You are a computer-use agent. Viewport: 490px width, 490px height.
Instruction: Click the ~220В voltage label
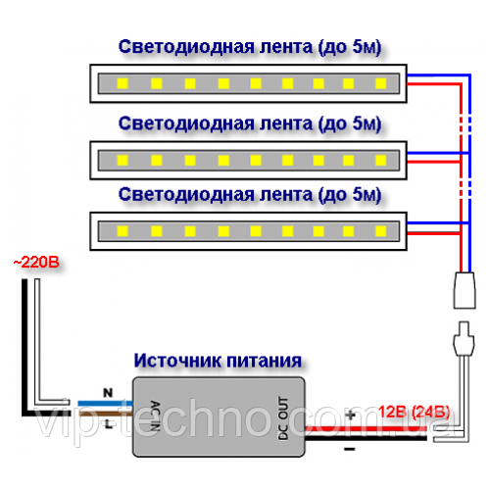point(36,263)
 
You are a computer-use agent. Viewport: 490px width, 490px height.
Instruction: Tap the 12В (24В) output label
point(415,412)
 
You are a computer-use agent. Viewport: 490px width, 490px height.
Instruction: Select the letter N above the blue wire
point(108,393)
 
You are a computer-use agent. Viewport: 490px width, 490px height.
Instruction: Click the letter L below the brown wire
point(108,424)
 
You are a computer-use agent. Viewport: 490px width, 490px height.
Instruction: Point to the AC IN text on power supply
point(155,416)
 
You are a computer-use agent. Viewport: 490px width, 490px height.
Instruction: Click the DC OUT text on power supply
point(283,418)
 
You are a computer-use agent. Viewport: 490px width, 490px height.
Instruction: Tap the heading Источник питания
point(218,361)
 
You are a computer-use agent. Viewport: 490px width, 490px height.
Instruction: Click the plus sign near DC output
point(350,415)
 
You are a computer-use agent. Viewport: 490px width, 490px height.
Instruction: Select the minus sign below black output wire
point(350,449)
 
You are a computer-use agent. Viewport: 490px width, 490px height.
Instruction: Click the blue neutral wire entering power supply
point(105,404)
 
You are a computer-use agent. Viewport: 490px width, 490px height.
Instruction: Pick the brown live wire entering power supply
point(105,414)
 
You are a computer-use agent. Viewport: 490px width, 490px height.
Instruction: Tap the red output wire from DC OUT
point(366,428)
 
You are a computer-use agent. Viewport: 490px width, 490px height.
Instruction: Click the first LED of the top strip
point(122,83)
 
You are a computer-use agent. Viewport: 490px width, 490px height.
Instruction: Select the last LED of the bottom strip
point(381,231)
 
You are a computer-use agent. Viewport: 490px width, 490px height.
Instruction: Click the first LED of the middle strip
point(122,160)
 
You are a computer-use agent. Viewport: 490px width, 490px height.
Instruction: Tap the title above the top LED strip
point(250,47)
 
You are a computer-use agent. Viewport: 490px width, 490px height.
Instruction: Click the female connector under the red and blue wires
point(465,290)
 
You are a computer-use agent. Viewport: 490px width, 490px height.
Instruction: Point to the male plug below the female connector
point(464,339)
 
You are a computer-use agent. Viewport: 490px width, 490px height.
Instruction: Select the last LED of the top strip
point(381,83)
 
